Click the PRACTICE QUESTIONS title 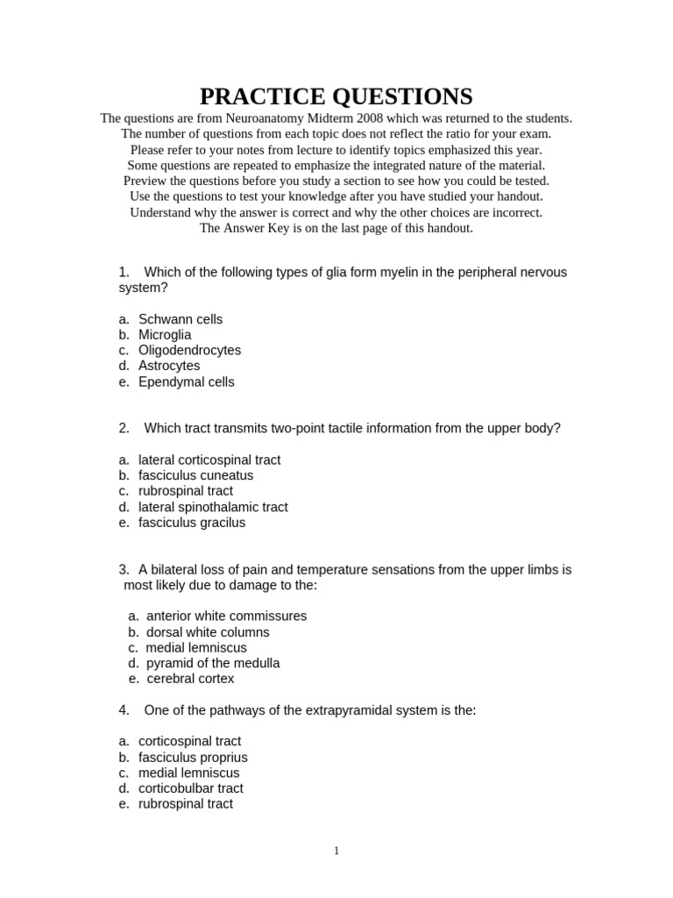336,96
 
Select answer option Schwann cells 180,319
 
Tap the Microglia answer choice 164,335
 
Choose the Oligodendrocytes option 189,350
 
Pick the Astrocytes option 168,366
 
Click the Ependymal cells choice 186,381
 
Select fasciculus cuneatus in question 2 195,475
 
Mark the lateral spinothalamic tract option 212,507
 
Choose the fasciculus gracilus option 191,523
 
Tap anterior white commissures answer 226,616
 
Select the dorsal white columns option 208,632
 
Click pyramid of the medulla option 213,663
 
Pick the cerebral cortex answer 190,679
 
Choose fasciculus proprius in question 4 193,757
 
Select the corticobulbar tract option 190,788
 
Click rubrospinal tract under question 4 185,804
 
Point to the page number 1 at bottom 336,851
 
